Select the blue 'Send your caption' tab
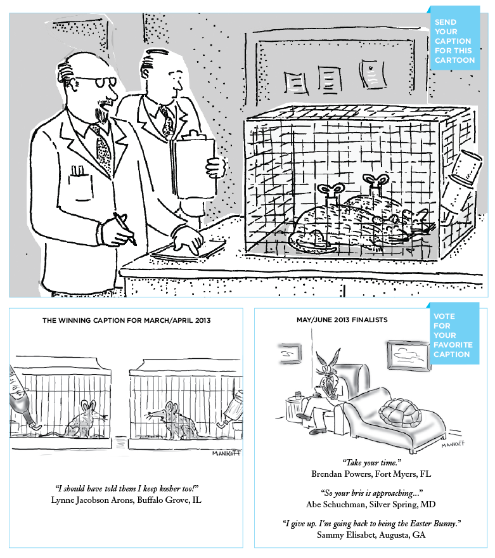[454, 41]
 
